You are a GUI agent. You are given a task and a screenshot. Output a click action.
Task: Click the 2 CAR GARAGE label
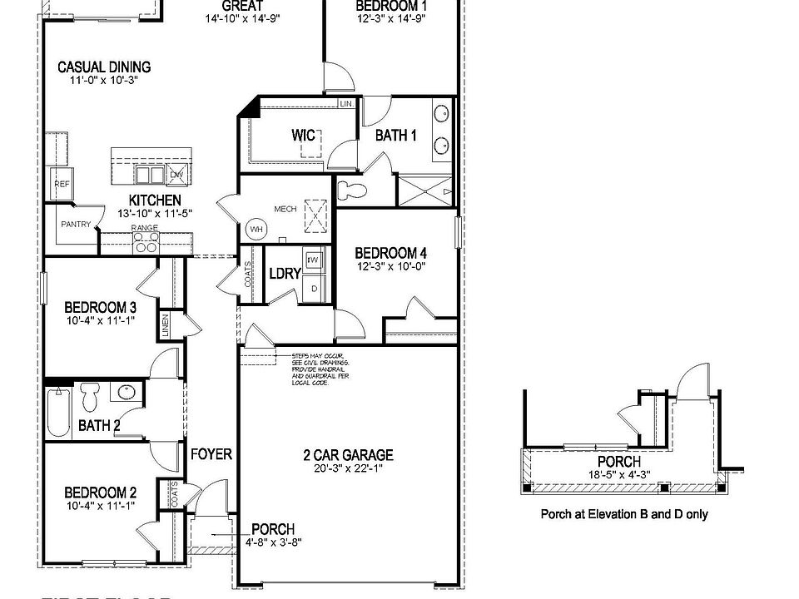[347, 455]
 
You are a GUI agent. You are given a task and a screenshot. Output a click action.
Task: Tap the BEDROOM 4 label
[391, 254]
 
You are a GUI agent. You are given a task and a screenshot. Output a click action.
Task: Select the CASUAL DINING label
[104, 67]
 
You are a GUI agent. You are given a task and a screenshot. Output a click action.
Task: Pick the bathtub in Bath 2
[57, 413]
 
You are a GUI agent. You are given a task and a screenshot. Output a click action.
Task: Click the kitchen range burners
[146, 242]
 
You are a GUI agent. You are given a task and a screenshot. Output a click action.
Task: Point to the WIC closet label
[303, 135]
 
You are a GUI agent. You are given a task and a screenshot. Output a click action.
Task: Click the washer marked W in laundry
[314, 260]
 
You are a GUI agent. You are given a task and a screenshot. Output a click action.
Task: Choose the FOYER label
[211, 454]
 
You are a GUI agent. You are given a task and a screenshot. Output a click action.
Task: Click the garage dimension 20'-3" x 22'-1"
[347, 469]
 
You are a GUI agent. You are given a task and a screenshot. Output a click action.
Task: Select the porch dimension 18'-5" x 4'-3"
[619, 475]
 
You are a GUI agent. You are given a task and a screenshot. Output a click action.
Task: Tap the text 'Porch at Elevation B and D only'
[624, 514]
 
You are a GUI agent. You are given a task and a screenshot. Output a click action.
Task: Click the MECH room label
[285, 209]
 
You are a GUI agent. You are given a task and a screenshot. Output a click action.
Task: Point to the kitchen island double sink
[150, 174]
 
